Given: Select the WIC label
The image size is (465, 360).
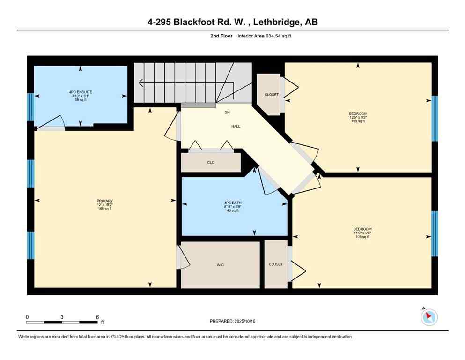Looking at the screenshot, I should (x=220, y=265).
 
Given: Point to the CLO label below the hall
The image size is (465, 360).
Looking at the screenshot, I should (x=211, y=163).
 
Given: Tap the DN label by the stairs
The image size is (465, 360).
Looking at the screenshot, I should (x=227, y=112).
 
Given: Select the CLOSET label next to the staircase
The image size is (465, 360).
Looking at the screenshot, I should (x=271, y=95).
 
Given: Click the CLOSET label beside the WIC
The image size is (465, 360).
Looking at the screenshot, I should (x=276, y=264).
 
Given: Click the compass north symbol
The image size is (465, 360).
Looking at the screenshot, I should (x=429, y=317).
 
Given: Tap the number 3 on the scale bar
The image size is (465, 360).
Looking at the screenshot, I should (x=62, y=317).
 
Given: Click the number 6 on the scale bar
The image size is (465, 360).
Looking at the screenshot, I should (x=97, y=317).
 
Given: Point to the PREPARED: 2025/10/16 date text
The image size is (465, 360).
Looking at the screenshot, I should (x=232, y=321).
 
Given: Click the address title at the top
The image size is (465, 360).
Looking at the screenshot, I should (x=232, y=22).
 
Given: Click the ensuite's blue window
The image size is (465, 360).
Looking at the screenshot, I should (x=31, y=107).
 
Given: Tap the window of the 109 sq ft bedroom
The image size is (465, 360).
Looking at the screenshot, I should (x=434, y=118).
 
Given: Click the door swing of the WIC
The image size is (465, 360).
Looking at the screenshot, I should (x=184, y=258).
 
